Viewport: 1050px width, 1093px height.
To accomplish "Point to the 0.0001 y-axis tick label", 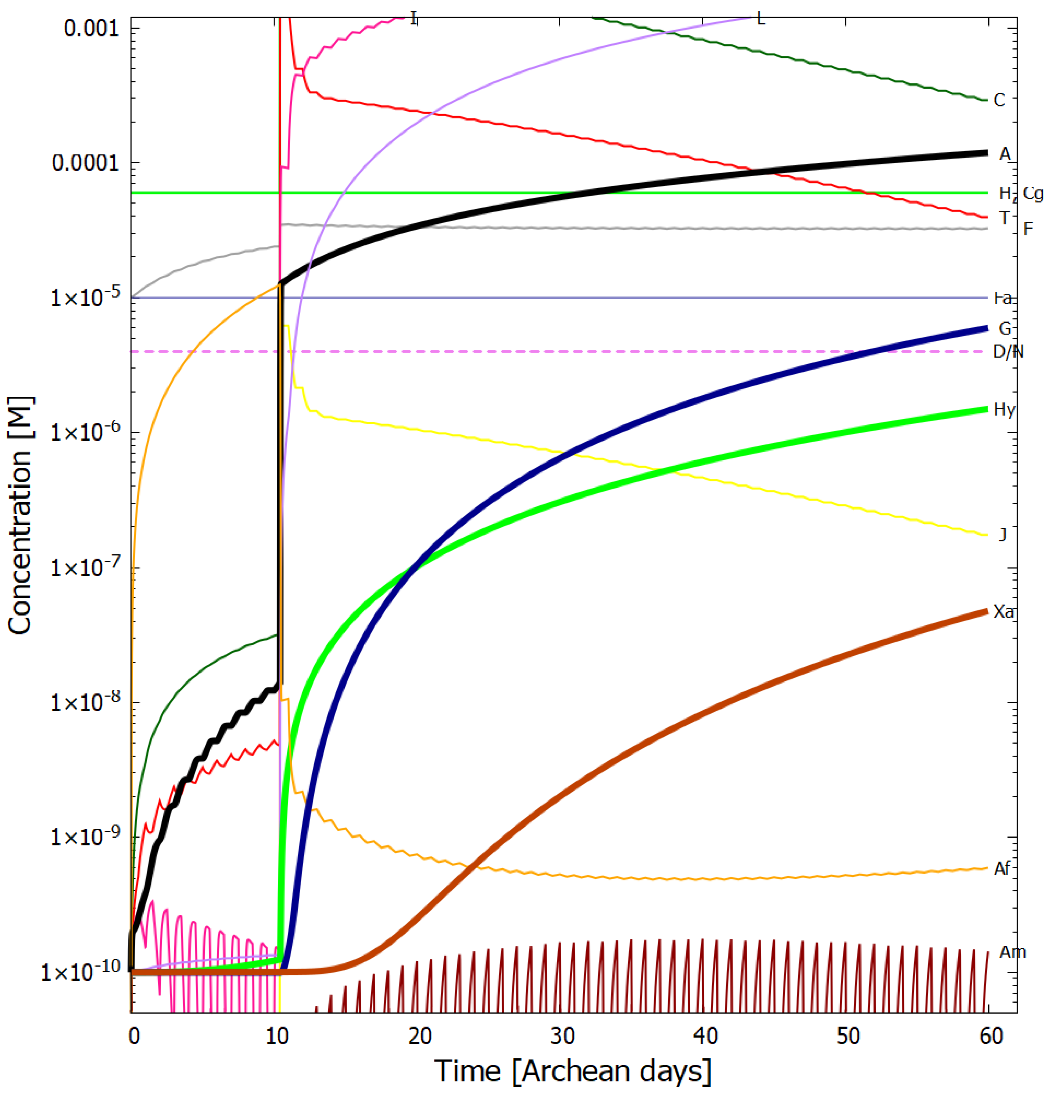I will [85, 163].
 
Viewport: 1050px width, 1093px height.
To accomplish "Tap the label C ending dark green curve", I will [999, 101].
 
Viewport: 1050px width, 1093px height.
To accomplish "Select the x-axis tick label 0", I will [134, 1036].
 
